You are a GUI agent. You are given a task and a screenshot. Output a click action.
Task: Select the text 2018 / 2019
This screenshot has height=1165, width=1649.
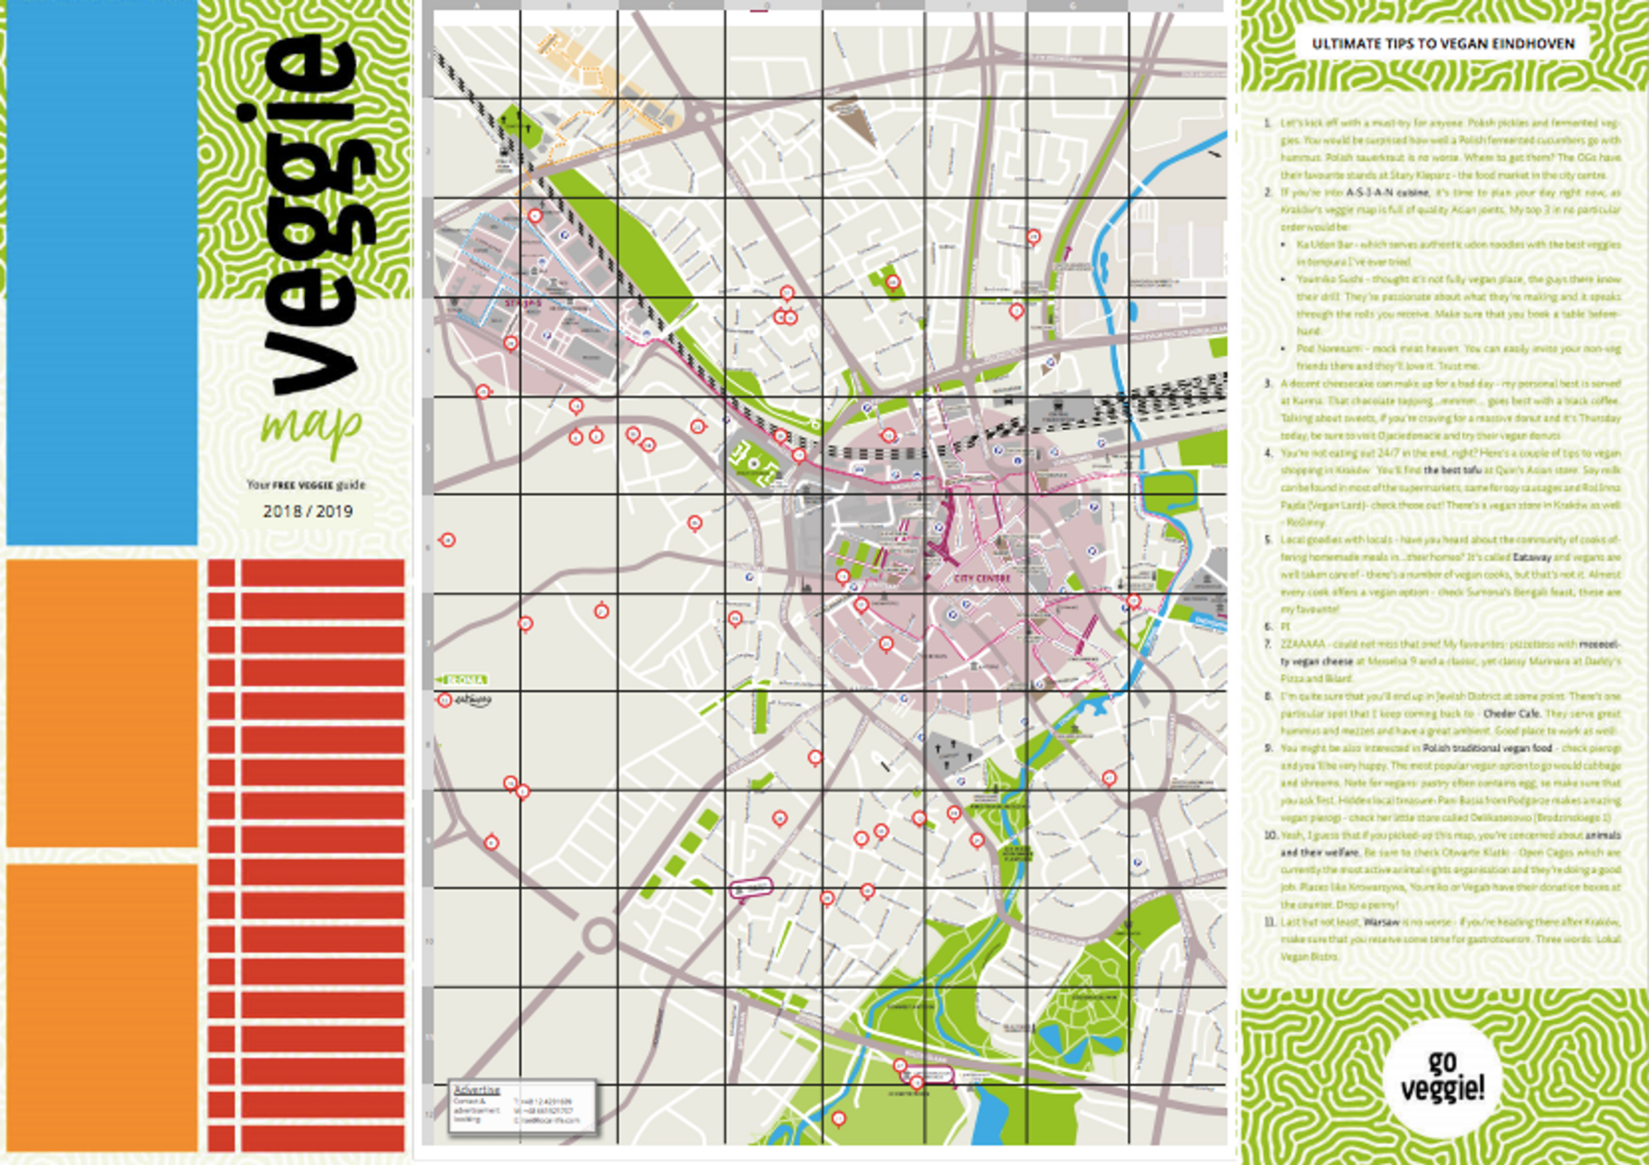click(x=307, y=512)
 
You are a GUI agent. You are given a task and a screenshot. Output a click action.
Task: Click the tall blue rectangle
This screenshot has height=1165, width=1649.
click(x=101, y=273)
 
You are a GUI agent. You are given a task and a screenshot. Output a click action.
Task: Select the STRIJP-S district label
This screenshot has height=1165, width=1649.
click(x=522, y=304)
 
